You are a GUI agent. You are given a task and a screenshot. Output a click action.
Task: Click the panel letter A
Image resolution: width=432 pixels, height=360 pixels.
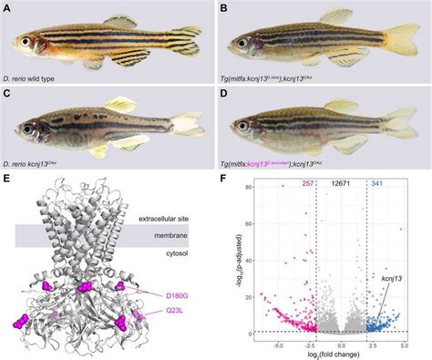pyautogui.click(x=6, y=8)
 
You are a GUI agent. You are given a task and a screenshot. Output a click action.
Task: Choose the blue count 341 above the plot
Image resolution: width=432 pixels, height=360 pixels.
pyautogui.click(x=376, y=185)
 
